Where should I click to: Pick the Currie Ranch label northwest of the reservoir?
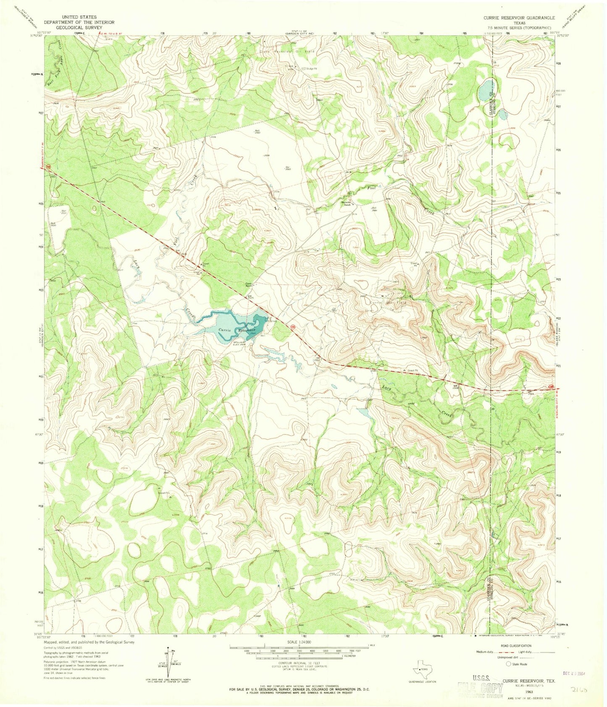[x=249, y=284]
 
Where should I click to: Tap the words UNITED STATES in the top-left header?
[x=79, y=17]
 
